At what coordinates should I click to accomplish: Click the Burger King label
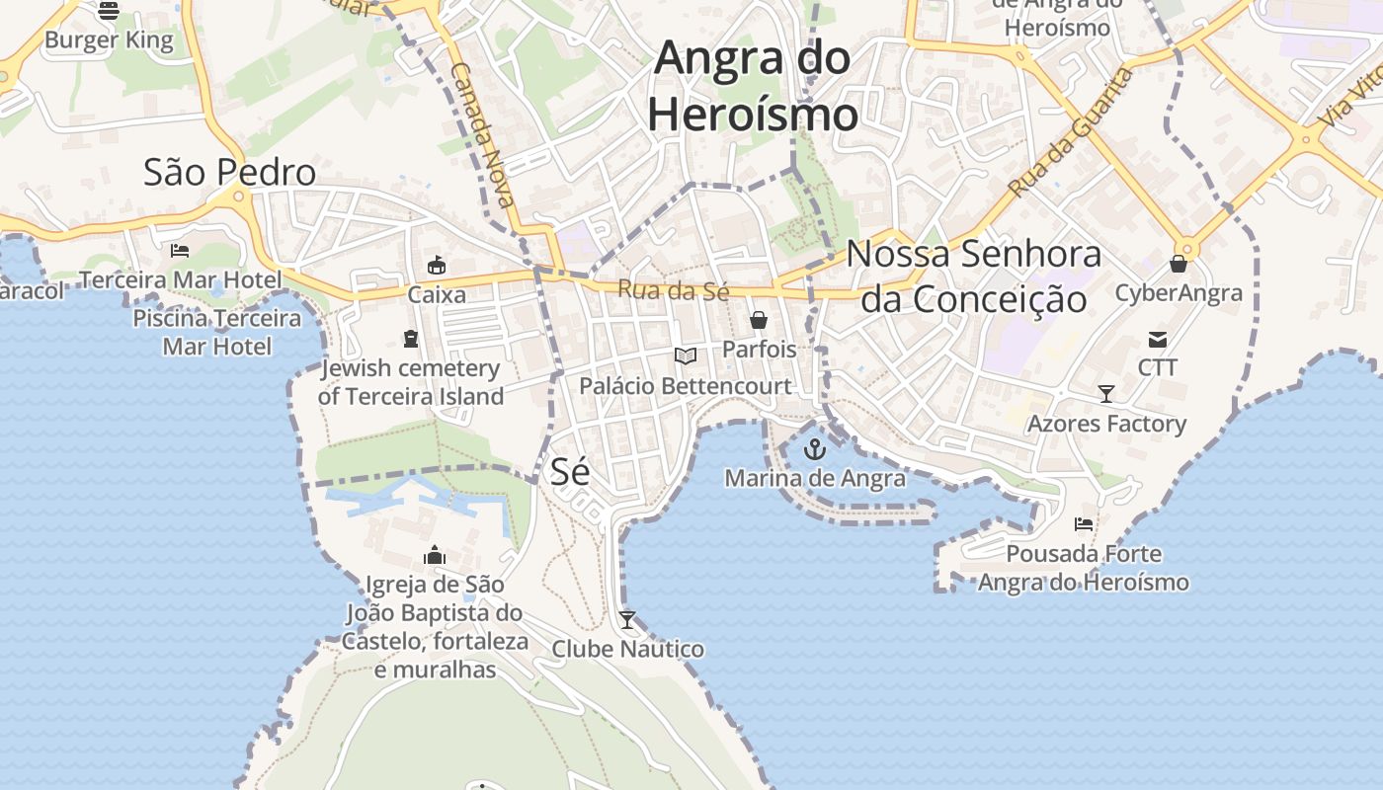coord(109,40)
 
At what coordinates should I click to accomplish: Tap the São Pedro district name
coord(229,172)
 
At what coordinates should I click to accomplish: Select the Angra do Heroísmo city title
coord(753,86)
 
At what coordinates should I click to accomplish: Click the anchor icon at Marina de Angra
coord(814,450)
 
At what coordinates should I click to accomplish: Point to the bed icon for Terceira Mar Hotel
coord(180,250)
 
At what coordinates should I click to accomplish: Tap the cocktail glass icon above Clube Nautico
coord(627,620)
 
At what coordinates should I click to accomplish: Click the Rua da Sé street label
coord(673,290)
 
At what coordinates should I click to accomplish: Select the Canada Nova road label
coord(482,135)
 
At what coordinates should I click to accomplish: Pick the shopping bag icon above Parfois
coord(759,320)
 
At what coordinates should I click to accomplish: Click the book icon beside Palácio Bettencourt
coord(686,355)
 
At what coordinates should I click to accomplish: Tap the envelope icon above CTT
coord(1158,340)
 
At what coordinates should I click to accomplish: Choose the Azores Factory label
coord(1106,424)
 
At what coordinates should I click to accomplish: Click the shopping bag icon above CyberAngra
coord(1179,264)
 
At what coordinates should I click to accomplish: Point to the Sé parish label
coord(570,471)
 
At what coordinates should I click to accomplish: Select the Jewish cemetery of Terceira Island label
coord(411,382)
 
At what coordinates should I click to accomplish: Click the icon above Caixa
coord(437,265)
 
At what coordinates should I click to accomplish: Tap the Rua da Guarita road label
coord(1070,132)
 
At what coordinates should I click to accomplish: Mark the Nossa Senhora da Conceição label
coord(973,276)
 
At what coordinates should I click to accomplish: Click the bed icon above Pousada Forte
coord(1084,524)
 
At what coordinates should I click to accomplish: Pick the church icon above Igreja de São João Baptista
coord(435,556)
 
